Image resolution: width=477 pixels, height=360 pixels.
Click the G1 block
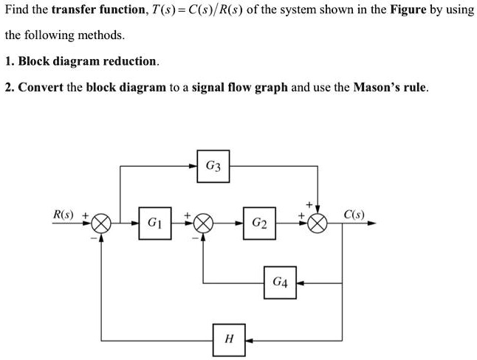pyautogui.click(x=154, y=221)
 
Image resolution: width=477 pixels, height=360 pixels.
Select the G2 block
pyautogui.click(x=259, y=221)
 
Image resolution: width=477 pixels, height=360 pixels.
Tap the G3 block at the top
pyautogui.click(x=213, y=166)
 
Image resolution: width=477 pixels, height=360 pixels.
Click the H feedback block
pyautogui.click(x=229, y=340)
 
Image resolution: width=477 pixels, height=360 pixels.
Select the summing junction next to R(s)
pyautogui.click(x=102, y=222)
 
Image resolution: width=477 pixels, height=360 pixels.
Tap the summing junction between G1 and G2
pyautogui.click(x=205, y=222)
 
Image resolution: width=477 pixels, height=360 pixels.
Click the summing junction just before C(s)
pyautogui.click(x=318, y=222)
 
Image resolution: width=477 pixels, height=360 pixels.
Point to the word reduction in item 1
pyautogui.click(x=131, y=61)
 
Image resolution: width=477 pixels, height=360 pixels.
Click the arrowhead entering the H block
pyautogui.click(x=248, y=341)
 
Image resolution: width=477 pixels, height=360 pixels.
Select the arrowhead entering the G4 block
pyautogui.click(x=299, y=282)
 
